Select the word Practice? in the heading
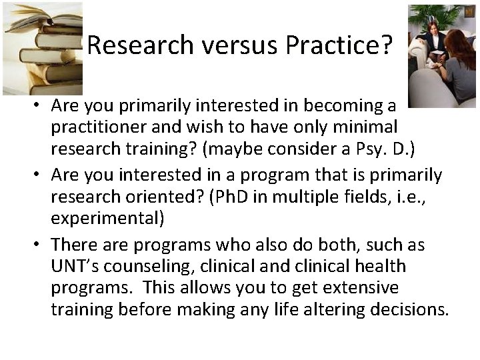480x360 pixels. (339, 45)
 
